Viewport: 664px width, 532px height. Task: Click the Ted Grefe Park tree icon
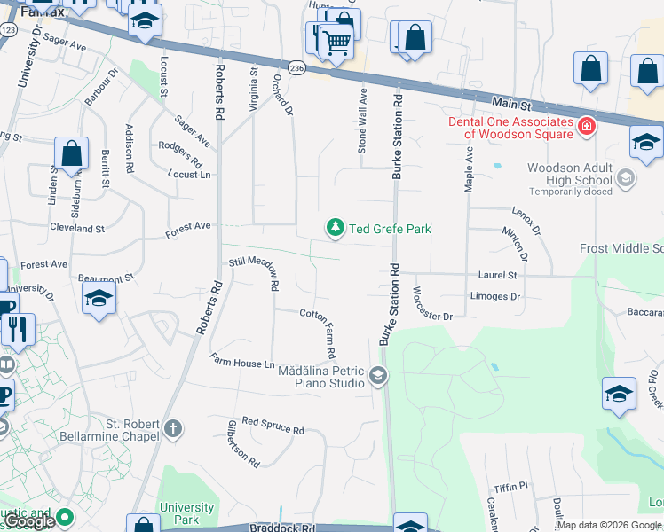pyautogui.click(x=336, y=229)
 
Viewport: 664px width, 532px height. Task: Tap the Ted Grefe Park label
pyautogui.click(x=390, y=229)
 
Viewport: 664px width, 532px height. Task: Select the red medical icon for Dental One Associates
pyautogui.click(x=586, y=128)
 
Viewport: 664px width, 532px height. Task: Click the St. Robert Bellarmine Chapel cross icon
pyautogui.click(x=172, y=429)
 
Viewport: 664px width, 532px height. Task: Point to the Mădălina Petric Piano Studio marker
pyautogui.click(x=378, y=377)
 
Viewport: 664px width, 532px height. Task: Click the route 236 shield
pyautogui.click(x=296, y=68)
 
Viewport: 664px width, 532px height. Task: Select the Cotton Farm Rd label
pyautogui.click(x=318, y=332)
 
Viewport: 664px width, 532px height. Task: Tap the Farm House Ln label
pyautogui.click(x=242, y=362)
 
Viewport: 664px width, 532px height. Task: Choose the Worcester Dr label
pyautogui.click(x=433, y=303)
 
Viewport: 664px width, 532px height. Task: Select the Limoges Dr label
pyautogui.click(x=495, y=296)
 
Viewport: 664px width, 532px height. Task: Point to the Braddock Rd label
pyautogui.click(x=281, y=528)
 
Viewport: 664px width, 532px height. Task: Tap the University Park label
pyautogui.click(x=186, y=513)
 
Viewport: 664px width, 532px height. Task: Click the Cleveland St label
pyautogui.click(x=77, y=228)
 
